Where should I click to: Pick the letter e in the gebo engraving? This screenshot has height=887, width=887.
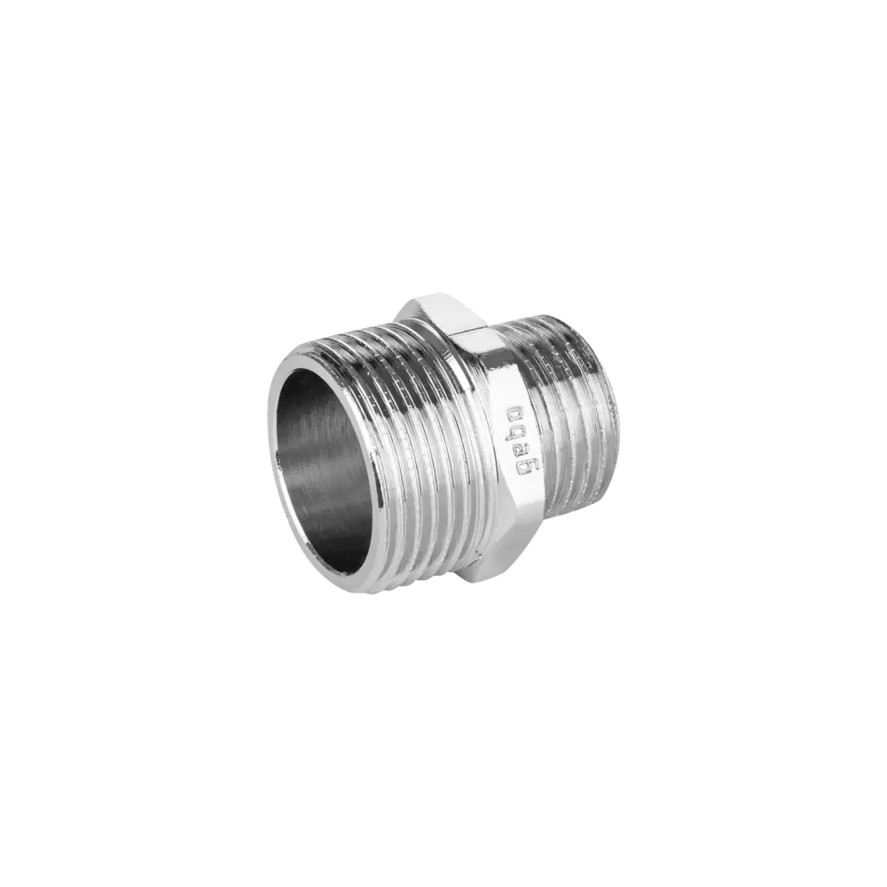point(518,447)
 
